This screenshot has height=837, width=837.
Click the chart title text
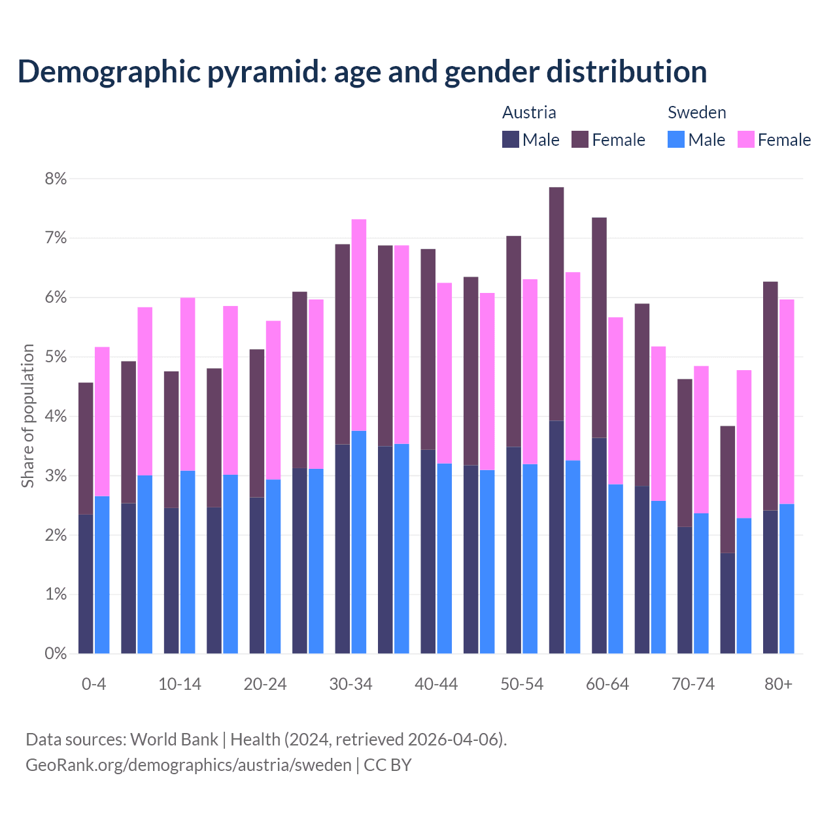[362, 72]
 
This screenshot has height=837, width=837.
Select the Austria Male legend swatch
[511, 139]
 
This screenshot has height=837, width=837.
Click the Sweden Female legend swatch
[745, 139]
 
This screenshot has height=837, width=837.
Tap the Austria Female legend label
[618, 140]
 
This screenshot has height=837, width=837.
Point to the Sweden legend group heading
[696, 112]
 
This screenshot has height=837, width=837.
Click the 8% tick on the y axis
[56, 179]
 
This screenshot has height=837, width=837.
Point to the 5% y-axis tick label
[56, 357]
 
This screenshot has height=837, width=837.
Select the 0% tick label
[56, 653]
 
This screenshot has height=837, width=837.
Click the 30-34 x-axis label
[350, 684]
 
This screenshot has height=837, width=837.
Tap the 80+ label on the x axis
[778, 684]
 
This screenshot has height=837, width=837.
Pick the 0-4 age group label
[94, 684]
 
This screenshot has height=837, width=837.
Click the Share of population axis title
[27, 416]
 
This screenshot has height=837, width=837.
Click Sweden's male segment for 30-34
[359, 541]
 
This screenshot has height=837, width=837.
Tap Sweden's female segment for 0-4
[102, 421]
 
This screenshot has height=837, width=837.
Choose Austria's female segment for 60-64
[599, 327]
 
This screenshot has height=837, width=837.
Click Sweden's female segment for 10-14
[188, 384]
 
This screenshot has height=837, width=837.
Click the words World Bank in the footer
[174, 740]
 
